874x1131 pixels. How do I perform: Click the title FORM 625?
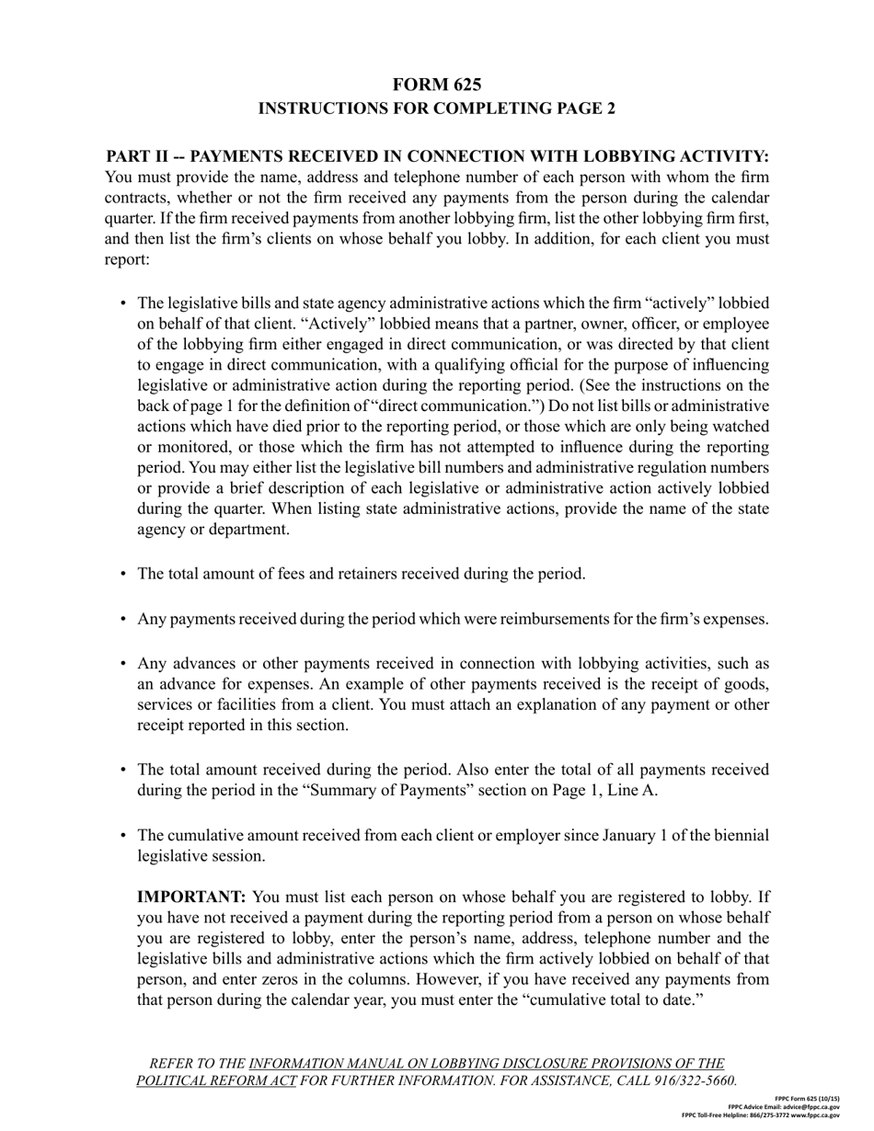436,85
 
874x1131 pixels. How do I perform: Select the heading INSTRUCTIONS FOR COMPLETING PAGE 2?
436,109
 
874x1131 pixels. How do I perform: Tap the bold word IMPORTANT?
191,897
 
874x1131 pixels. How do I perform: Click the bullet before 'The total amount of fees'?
122,575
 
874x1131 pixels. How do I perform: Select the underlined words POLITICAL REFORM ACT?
216,1080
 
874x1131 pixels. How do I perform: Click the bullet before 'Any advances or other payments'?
122,664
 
